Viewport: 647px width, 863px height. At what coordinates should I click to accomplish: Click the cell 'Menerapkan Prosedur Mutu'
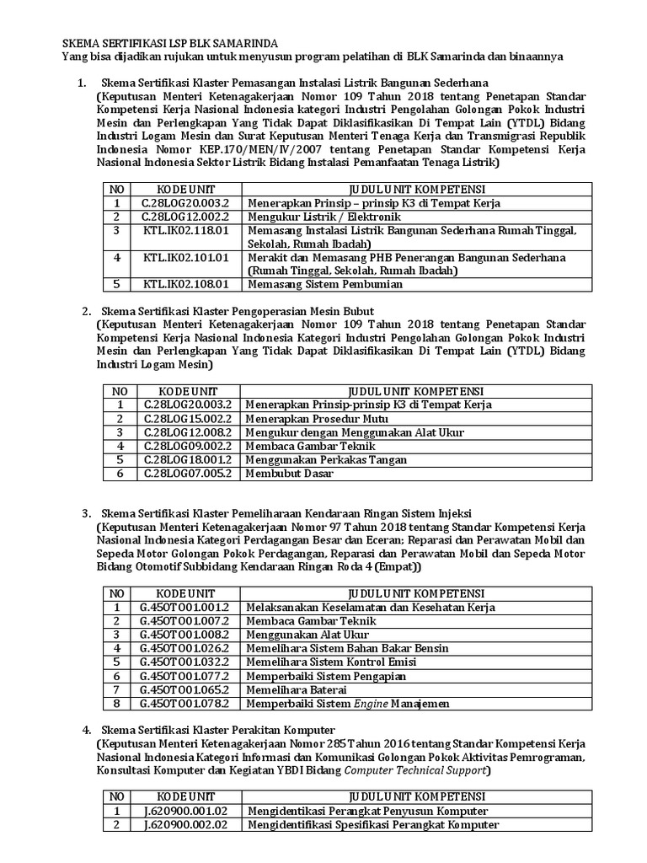coord(317,419)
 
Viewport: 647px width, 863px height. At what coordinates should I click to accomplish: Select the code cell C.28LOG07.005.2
coord(180,473)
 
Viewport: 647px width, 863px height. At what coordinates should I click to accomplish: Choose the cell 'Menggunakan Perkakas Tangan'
coord(326,459)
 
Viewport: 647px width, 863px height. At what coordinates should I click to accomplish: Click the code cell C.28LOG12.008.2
coord(180,432)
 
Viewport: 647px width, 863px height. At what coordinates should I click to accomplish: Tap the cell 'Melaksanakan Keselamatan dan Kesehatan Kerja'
coord(370,608)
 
